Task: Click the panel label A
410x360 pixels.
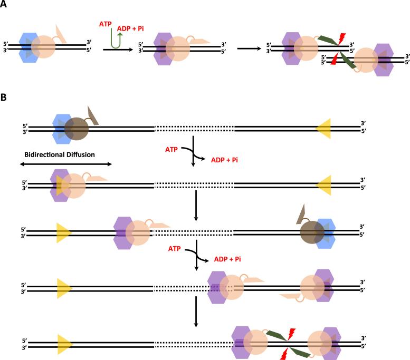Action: tap(4, 5)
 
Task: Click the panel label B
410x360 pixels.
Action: tap(4, 98)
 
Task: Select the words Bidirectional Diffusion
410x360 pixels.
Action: tap(59, 155)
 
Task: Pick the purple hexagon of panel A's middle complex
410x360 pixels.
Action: tap(163, 48)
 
